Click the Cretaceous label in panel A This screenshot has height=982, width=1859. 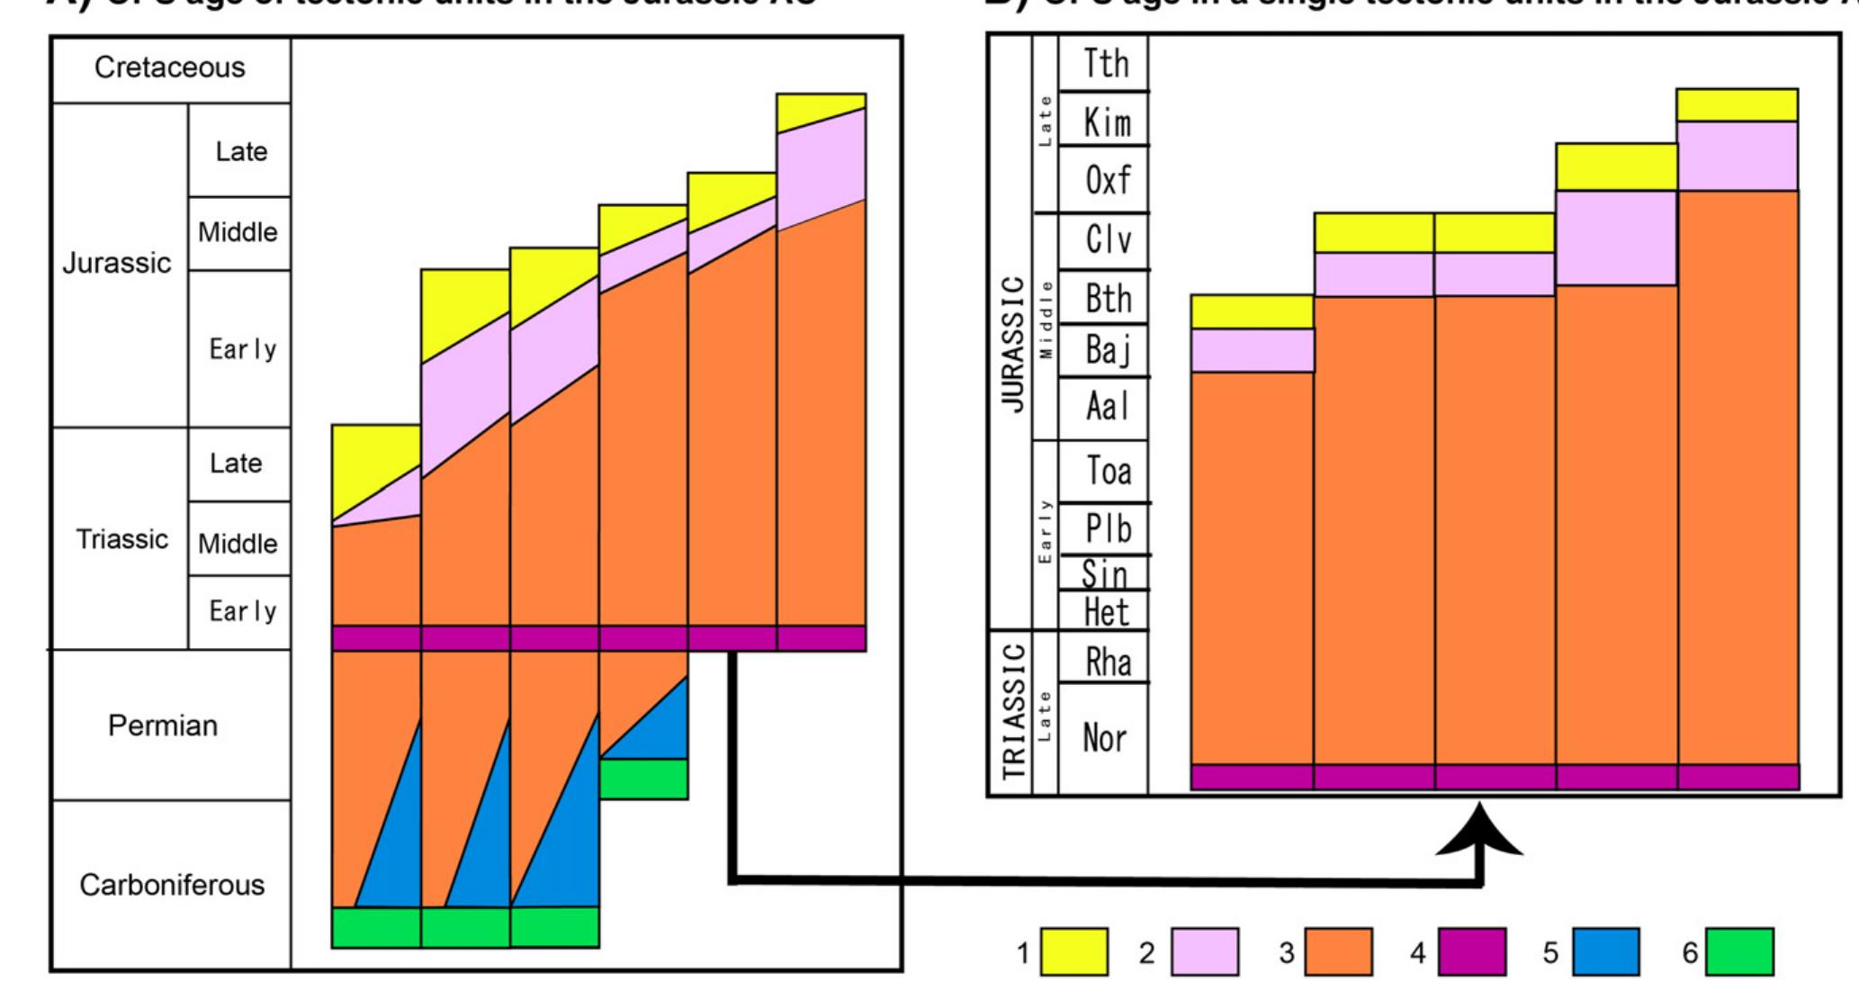click(x=169, y=68)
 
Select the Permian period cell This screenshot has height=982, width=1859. click(x=163, y=725)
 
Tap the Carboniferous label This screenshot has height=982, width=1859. click(x=172, y=886)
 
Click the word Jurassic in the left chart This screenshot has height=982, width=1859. click(x=117, y=264)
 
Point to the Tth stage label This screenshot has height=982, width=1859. click(x=1105, y=64)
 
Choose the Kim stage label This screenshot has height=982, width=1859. click(x=1106, y=122)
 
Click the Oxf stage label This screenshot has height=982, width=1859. click(x=1106, y=180)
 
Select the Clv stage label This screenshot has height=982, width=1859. click(x=1107, y=241)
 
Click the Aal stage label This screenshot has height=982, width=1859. click(x=1106, y=408)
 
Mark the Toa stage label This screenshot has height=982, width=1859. click(x=1107, y=471)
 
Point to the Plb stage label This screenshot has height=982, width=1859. click(x=1107, y=528)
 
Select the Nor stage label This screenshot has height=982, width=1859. click(x=1105, y=739)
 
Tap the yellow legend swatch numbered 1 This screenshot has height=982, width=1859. click(x=1074, y=952)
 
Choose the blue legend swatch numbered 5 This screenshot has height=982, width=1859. click(x=1605, y=952)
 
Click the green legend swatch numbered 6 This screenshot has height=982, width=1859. click(x=1739, y=952)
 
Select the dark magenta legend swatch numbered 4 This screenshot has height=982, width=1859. click(x=1472, y=952)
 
